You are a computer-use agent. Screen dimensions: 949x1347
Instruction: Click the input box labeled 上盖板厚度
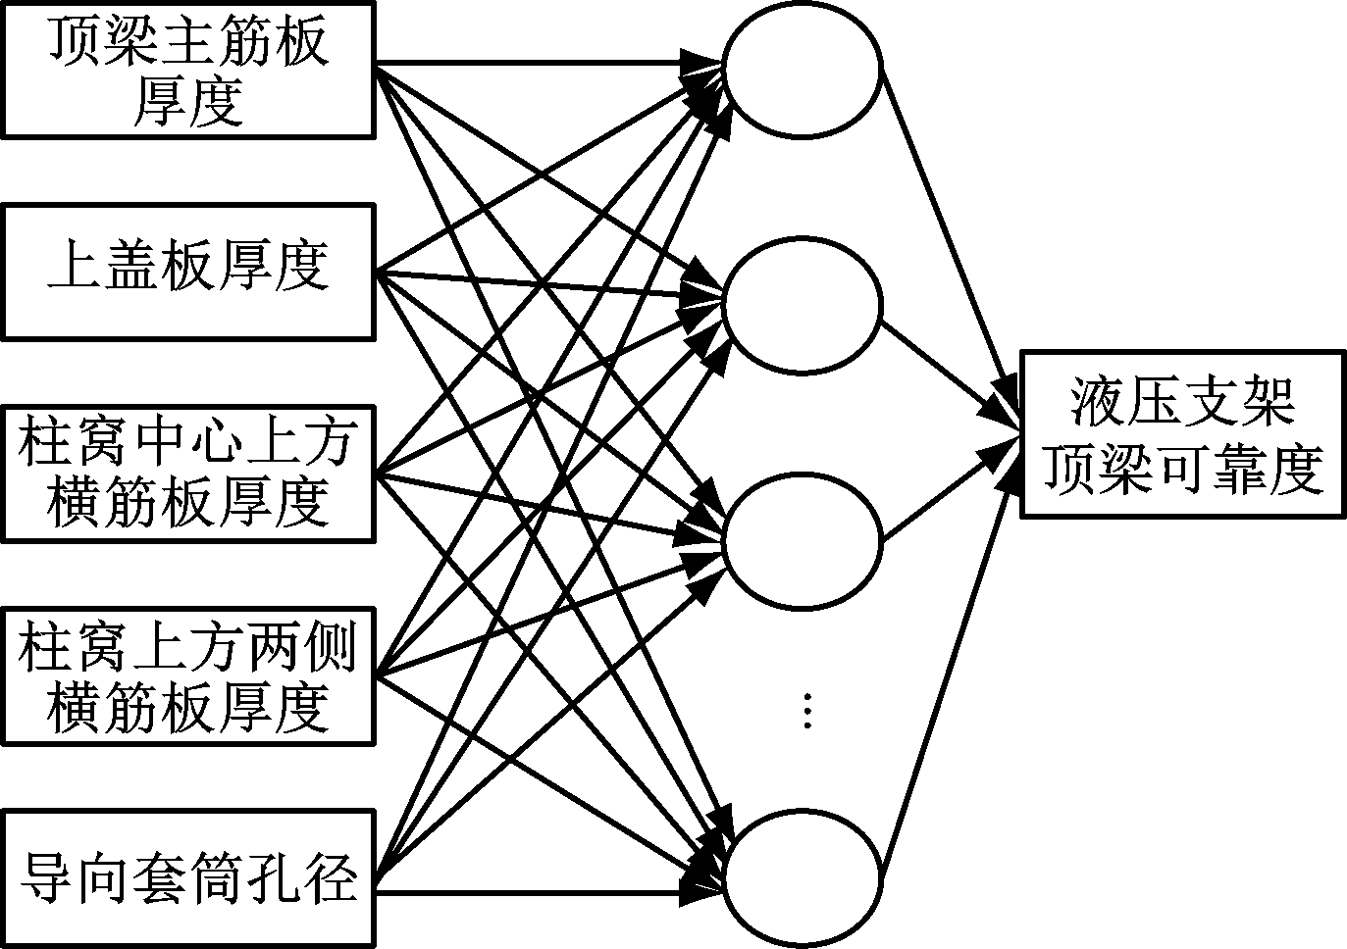186,271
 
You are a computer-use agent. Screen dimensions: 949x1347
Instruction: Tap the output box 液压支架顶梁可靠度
1182,433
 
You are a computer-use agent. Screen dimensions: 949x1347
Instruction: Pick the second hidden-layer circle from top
803,305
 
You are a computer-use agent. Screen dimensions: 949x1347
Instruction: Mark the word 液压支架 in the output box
1182,403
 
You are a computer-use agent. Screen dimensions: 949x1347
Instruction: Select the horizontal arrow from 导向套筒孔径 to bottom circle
540,892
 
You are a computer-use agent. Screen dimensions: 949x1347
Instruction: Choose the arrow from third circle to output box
942,495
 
